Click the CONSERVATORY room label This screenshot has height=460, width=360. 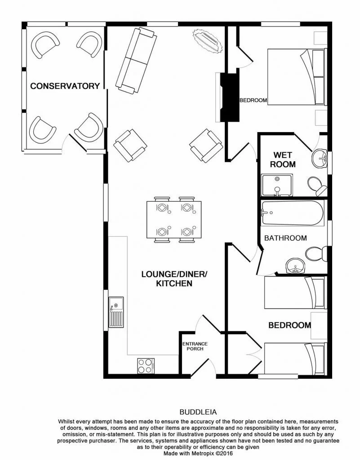[65, 86]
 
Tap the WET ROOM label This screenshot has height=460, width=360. [282, 159]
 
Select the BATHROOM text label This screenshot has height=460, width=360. [285, 238]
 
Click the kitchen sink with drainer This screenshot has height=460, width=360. [116, 313]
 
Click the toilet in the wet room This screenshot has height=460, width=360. [316, 185]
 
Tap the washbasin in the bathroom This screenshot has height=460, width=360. [295, 266]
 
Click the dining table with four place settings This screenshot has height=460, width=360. [174, 220]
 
